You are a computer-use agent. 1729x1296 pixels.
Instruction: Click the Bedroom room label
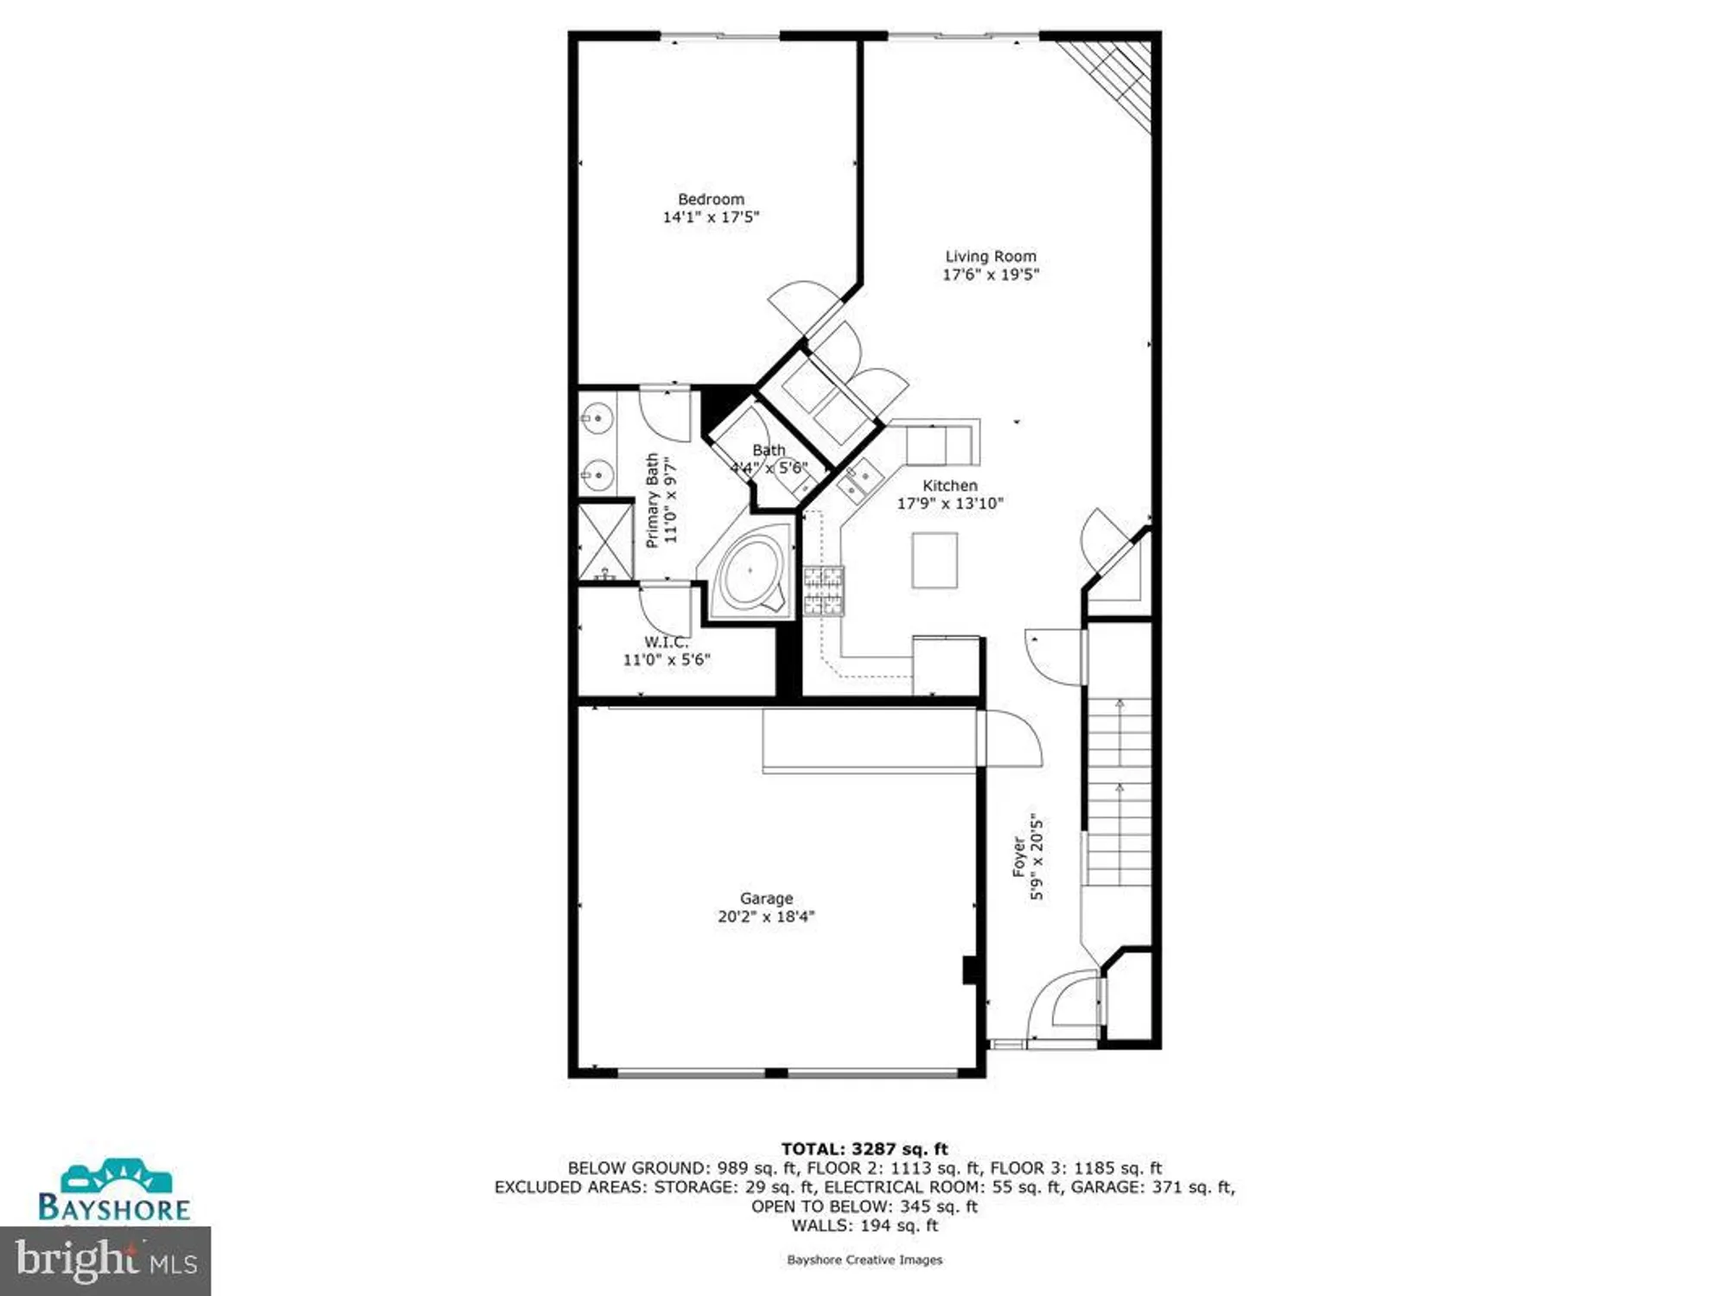[x=711, y=199]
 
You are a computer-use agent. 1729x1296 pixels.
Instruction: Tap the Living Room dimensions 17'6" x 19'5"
[x=990, y=275]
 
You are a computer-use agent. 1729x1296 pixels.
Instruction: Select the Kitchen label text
[x=950, y=486]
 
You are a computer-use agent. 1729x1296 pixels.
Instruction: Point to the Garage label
[x=766, y=899]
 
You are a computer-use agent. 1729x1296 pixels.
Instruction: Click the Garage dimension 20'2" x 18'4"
[x=766, y=917]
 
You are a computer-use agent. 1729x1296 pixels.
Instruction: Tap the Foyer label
[x=1019, y=856]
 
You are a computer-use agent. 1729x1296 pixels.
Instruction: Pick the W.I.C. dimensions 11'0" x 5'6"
[x=667, y=660]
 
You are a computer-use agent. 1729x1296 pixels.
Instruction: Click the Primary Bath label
[x=653, y=500]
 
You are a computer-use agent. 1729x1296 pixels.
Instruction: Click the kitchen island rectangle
[x=935, y=560]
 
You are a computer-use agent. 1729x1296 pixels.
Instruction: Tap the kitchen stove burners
[x=823, y=591]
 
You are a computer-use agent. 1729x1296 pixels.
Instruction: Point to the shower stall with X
[x=605, y=542]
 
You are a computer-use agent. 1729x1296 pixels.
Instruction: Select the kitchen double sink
[x=858, y=481]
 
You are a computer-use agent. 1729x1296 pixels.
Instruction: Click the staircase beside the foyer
[x=1119, y=791]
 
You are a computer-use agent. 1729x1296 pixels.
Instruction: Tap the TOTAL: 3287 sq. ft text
[x=864, y=1149]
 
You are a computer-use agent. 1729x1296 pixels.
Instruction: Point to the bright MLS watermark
[x=105, y=1261]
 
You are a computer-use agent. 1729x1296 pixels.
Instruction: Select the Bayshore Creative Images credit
[x=864, y=1260]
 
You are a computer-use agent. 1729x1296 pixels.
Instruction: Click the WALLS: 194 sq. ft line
[x=864, y=1225]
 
